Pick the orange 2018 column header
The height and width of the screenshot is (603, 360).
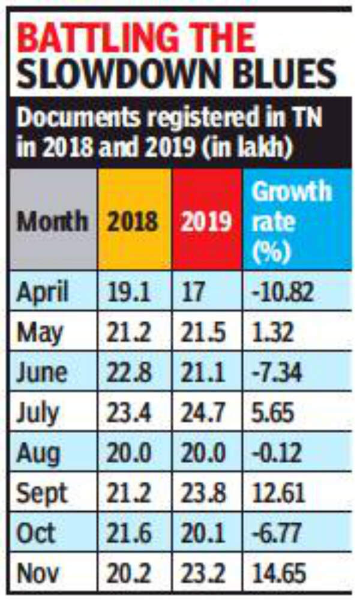tap(133, 221)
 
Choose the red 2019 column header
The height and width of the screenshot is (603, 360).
tap(206, 221)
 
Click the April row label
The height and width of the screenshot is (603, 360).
tap(43, 292)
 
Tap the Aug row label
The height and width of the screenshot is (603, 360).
tap(38, 453)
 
